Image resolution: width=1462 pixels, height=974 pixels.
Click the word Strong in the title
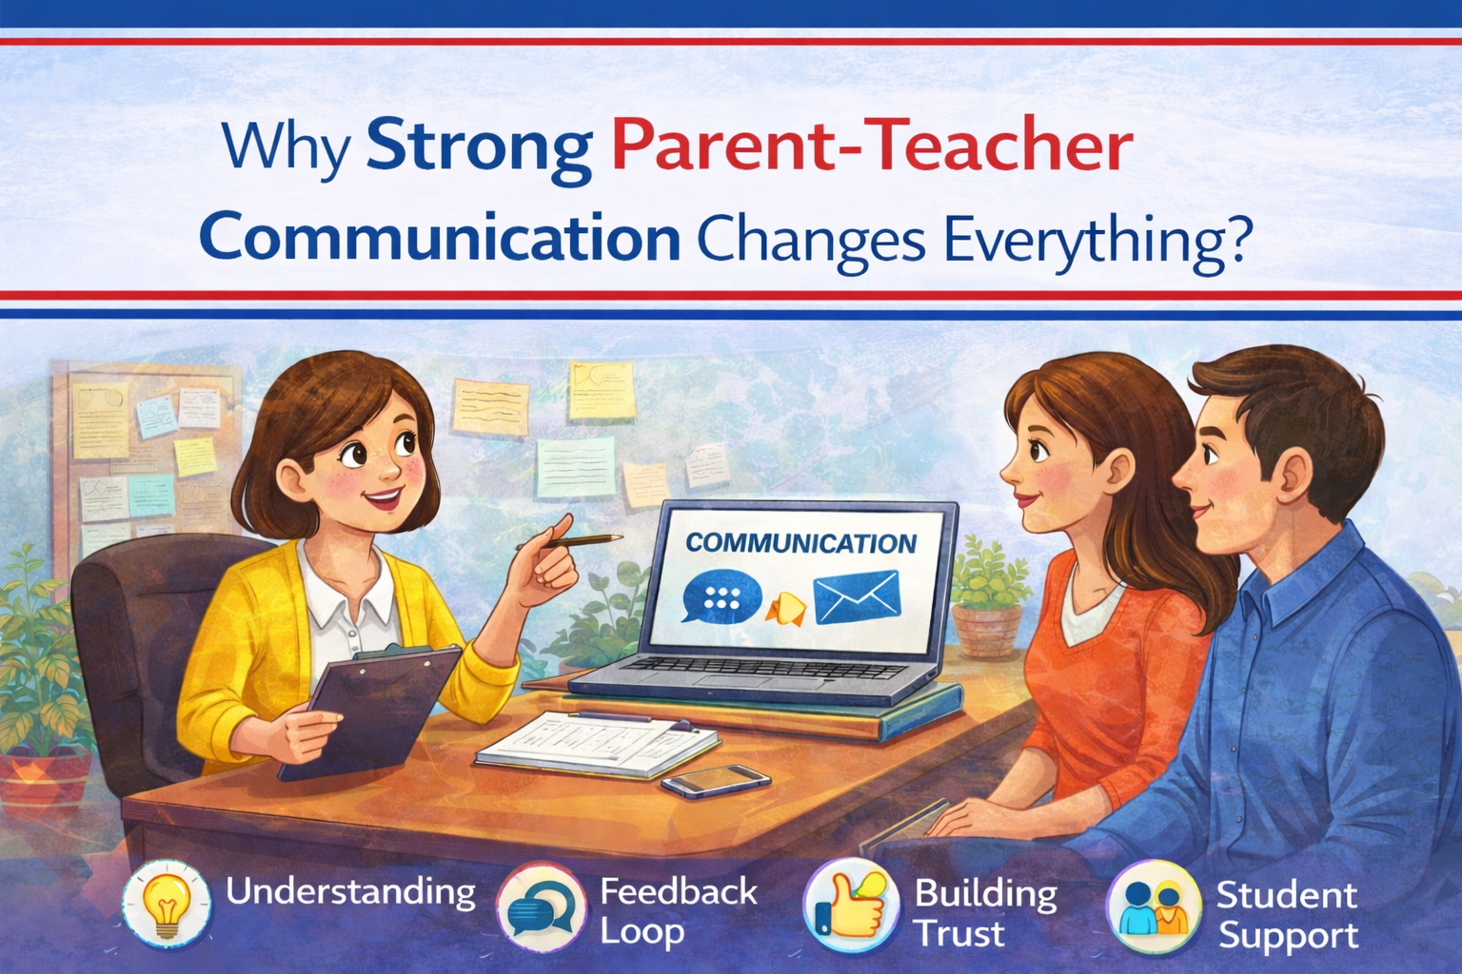(x=479, y=147)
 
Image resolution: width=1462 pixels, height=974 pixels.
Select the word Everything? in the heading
(x=1095, y=240)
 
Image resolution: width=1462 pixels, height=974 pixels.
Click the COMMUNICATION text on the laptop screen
(x=800, y=543)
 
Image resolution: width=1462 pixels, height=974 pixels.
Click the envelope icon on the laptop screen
(x=856, y=596)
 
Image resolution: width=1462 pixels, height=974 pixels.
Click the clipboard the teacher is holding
(x=381, y=704)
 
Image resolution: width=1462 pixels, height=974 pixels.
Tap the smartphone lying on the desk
(x=715, y=781)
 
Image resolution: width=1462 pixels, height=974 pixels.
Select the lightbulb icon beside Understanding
(x=168, y=905)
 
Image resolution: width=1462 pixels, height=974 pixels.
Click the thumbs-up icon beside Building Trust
(x=850, y=905)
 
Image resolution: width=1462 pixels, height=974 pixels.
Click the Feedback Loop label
(x=678, y=911)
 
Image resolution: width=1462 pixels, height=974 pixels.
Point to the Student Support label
(x=1287, y=914)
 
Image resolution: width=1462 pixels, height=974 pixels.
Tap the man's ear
(x=1294, y=475)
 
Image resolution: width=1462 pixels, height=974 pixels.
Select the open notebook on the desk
(x=596, y=743)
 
